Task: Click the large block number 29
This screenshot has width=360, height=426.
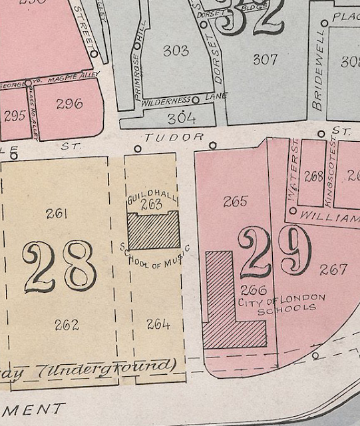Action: (x=275, y=252)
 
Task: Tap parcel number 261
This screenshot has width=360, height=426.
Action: (x=54, y=213)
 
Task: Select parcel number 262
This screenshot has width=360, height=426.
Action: (x=67, y=325)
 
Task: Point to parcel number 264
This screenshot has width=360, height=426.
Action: (x=158, y=325)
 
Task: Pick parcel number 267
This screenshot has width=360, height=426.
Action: (x=333, y=270)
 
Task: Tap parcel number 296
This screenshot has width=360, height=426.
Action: (x=69, y=104)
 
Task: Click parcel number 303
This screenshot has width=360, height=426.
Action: (x=176, y=51)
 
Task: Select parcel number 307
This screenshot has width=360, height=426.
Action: (x=265, y=59)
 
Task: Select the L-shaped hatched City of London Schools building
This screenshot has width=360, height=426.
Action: (x=226, y=313)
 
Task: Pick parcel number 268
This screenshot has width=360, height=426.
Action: (x=313, y=176)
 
